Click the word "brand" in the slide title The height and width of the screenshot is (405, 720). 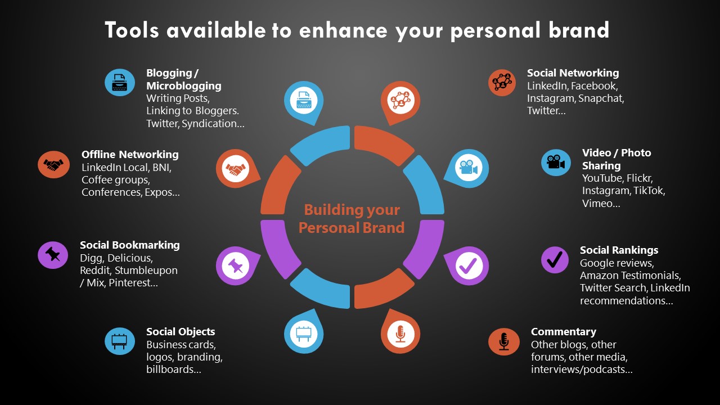click(x=579, y=30)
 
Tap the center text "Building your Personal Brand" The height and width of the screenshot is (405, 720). click(x=352, y=219)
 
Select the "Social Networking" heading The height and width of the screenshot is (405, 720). click(x=573, y=73)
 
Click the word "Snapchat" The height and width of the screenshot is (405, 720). click(x=601, y=98)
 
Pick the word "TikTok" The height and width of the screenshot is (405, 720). click(x=649, y=191)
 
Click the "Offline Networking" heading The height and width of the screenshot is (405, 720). click(x=130, y=155)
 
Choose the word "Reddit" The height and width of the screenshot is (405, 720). click(x=96, y=271)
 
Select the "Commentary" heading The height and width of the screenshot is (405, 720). click(x=564, y=331)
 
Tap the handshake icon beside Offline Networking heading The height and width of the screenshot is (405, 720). click(x=53, y=165)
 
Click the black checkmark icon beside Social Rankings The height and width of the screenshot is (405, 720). click(x=555, y=260)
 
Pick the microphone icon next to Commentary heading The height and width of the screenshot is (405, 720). click(x=503, y=341)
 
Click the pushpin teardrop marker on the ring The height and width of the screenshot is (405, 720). click(x=237, y=265)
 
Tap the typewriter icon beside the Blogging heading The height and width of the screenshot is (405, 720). click(x=120, y=82)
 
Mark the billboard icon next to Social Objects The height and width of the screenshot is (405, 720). click(x=120, y=341)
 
